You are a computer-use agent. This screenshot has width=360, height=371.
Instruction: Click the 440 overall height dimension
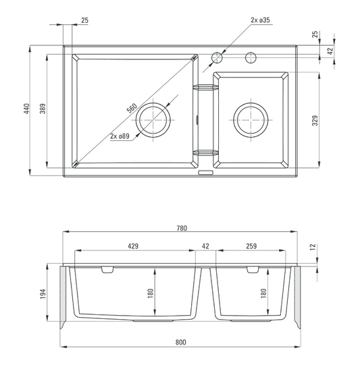click(26, 109)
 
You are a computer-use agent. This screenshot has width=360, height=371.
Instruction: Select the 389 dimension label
click(43, 109)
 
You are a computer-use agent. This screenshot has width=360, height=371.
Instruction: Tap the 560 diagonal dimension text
click(132, 108)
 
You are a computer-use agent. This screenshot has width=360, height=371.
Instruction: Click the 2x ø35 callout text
click(260, 20)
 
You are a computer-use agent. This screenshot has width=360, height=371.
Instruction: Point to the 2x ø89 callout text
click(120, 136)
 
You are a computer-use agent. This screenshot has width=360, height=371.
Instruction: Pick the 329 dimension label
click(315, 121)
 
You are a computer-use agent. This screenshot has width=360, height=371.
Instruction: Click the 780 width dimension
click(182, 228)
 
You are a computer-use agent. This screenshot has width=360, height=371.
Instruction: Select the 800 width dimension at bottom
click(181, 342)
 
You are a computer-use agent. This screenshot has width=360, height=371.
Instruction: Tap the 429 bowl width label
click(133, 246)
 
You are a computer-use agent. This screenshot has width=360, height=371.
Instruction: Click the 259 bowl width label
click(251, 246)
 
